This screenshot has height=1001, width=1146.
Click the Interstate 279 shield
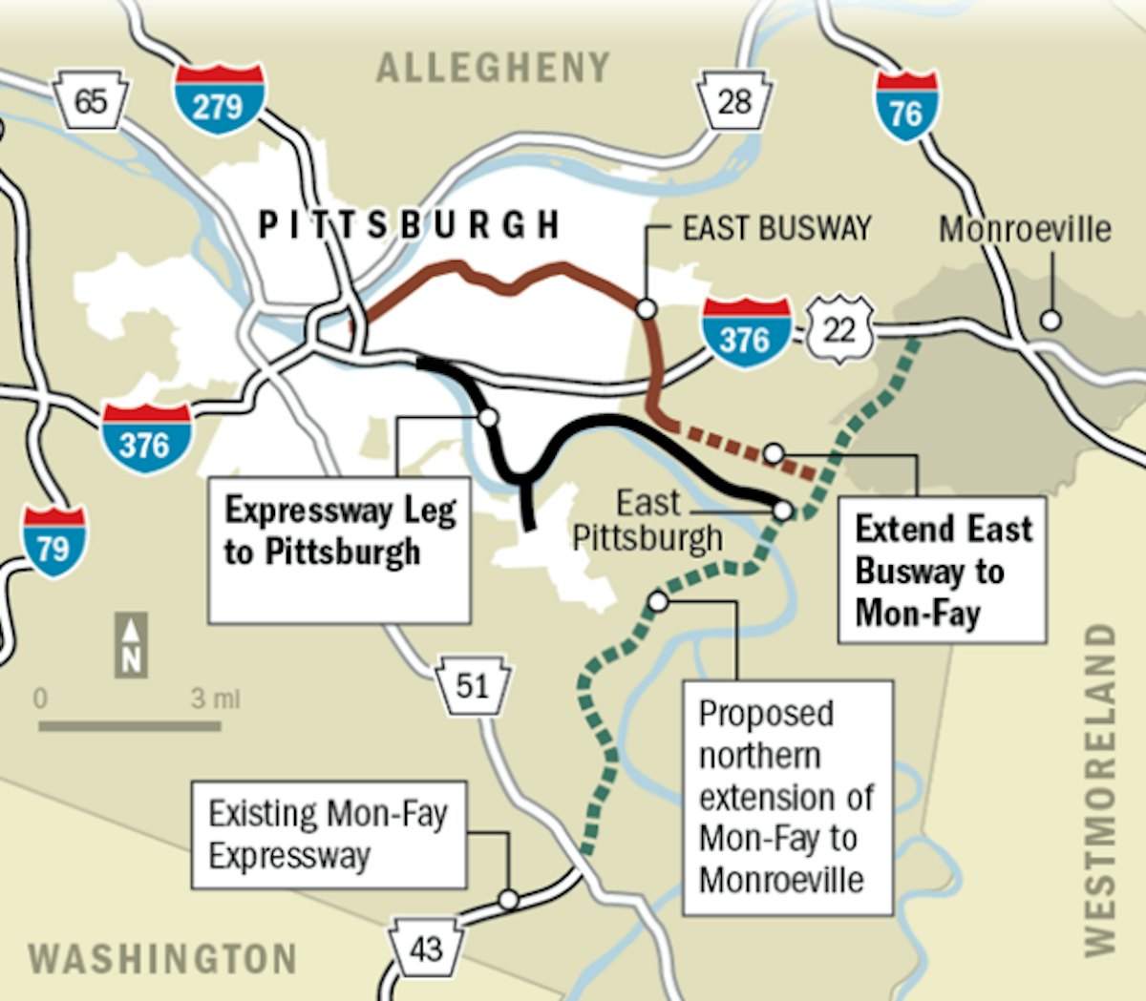[220, 98]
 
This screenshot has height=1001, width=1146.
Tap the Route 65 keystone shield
[91, 99]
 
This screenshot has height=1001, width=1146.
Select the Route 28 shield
[734, 100]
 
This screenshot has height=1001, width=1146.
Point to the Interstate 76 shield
[906, 106]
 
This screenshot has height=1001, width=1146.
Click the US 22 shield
[839, 330]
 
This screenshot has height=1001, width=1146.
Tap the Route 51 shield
[472, 683]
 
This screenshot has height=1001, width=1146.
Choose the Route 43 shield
[425, 948]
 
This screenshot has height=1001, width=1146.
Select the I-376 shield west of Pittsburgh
[145, 438]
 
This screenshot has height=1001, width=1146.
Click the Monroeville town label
[1025, 229]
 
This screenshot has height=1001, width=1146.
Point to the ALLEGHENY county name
[493, 68]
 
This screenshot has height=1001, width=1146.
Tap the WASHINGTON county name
[162, 958]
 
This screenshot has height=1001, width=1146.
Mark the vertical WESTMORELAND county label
[1100, 788]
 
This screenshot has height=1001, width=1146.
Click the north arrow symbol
[132, 645]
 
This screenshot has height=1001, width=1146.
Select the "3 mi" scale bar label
[215, 699]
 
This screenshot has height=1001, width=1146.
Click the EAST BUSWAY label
[776, 228]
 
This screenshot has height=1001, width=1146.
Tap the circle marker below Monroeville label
[1050, 320]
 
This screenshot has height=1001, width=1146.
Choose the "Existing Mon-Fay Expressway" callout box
[329, 835]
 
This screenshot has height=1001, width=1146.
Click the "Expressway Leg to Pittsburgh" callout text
[340, 532]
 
